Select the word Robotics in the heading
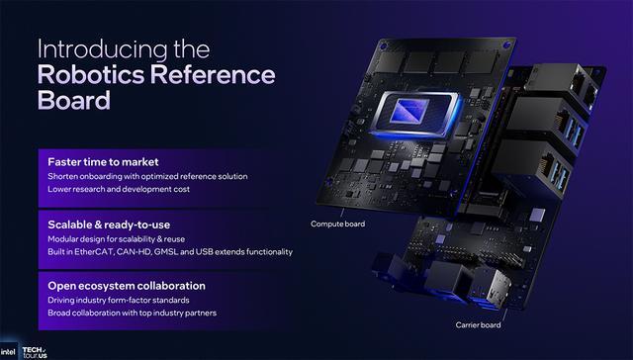[x=91, y=74]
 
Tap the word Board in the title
[x=74, y=100]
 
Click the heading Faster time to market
[x=103, y=162]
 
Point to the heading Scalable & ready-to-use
[x=109, y=225]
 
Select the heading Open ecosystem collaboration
[x=127, y=286]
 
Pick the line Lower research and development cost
[x=119, y=189]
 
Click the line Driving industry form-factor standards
[x=119, y=301]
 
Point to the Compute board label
[x=338, y=224]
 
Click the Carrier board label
[x=478, y=324]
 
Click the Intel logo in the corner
[x=9, y=352]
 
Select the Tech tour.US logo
[x=35, y=352]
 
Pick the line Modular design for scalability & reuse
[x=117, y=239]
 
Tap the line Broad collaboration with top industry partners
[x=132, y=313]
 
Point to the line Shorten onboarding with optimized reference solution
[x=147, y=176]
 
